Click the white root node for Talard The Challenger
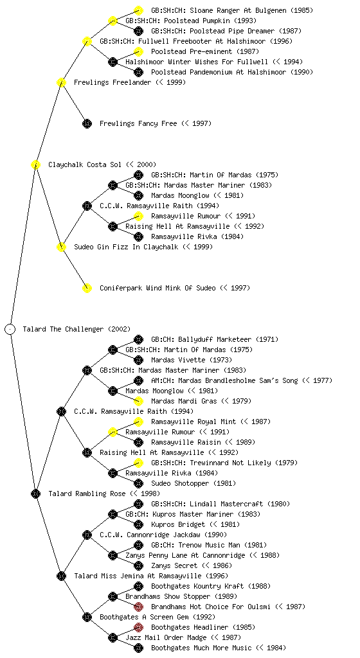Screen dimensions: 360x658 pyautogui.click(x=10, y=329)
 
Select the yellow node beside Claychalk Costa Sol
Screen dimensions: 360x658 pyautogui.click(x=35, y=164)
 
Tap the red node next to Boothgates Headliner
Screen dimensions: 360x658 pyautogui.click(x=138, y=627)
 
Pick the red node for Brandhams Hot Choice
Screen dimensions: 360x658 pyautogui.click(x=138, y=607)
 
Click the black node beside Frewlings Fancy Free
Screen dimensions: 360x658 pyautogui.click(x=87, y=123)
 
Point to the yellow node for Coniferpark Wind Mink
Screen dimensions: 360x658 pyautogui.click(x=87, y=288)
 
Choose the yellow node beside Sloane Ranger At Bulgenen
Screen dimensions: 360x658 pyautogui.click(x=138, y=10)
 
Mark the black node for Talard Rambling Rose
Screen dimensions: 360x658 pyautogui.click(x=35, y=493)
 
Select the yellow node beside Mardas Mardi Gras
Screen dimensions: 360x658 pyautogui.click(x=138, y=401)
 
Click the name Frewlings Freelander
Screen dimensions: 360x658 pyautogui.click(x=113, y=83)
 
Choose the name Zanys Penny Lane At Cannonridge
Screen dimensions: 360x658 pyautogui.click(x=185, y=556)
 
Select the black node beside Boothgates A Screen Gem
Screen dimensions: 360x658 pyautogui.click(x=87, y=617)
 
